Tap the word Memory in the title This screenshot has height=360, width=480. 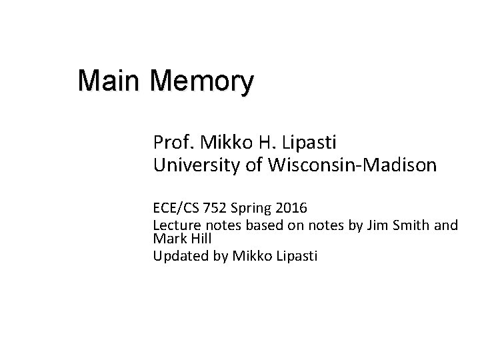[x=202, y=83]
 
